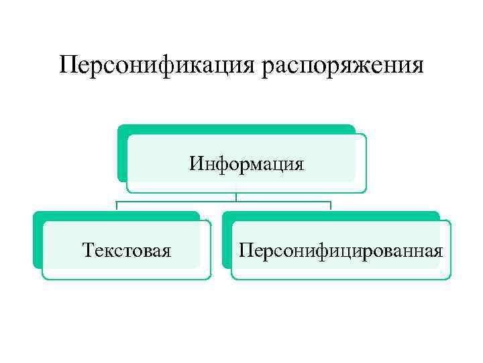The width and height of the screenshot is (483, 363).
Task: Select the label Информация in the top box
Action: tap(246, 163)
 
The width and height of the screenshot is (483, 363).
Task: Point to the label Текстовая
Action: tap(126, 251)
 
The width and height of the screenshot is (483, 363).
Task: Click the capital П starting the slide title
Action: tap(67, 65)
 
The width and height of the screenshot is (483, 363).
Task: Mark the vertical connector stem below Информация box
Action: tap(236, 197)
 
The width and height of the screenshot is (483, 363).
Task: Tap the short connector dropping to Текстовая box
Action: tap(117, 206)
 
